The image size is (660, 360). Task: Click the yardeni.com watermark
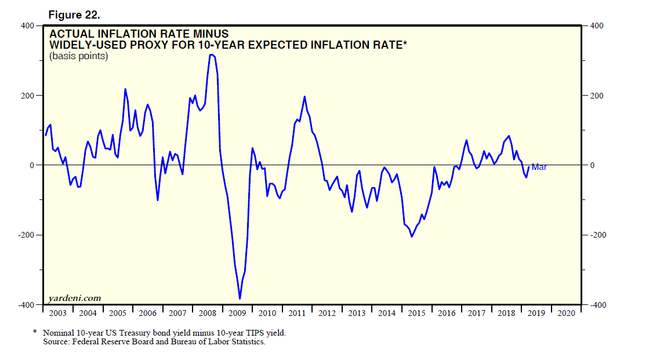[75, 299]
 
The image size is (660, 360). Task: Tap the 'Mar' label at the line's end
[539, 167]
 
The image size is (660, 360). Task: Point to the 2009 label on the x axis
[237, 313]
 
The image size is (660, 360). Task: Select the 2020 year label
[565, 313]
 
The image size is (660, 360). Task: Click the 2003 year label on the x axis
[57, 313]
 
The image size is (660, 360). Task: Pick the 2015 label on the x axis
[416, 313]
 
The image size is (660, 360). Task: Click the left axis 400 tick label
[27, 26]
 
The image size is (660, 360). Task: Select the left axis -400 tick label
[26, 305]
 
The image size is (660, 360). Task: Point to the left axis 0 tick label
[32, 165]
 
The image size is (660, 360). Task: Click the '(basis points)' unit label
[79, 56]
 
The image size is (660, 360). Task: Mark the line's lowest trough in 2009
[240, 299]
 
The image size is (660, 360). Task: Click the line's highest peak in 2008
[212, 54]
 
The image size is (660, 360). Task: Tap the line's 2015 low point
[412, 237]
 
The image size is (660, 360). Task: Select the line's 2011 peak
[304, 97]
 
